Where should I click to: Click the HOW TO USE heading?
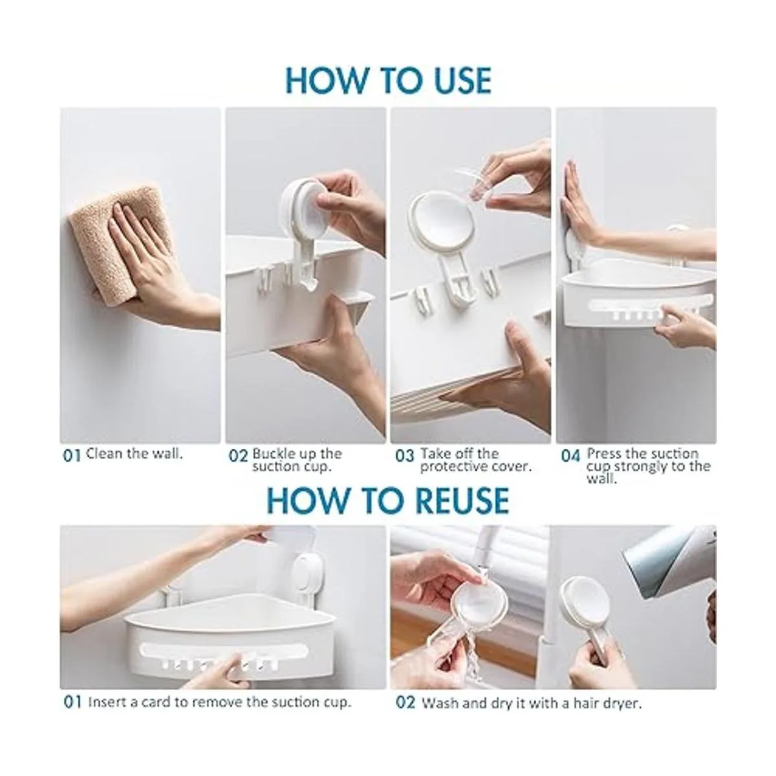click(x=388, y=81)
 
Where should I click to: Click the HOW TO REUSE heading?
click(x=388, y=500)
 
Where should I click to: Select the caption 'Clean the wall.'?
click(x=135, y=454)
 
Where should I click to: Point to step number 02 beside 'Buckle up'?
click(x=237, y=456)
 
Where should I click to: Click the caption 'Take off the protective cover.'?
click(x=476, y=460)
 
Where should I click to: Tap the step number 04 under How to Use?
click(x=570, y=456)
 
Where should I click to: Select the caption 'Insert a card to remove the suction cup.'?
click(x=219, y=702)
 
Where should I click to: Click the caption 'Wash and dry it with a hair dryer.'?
click(x=532, y=703)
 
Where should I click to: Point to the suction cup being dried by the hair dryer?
click(x=583, y=600)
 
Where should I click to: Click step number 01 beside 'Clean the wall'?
click(x=72, y=456)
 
